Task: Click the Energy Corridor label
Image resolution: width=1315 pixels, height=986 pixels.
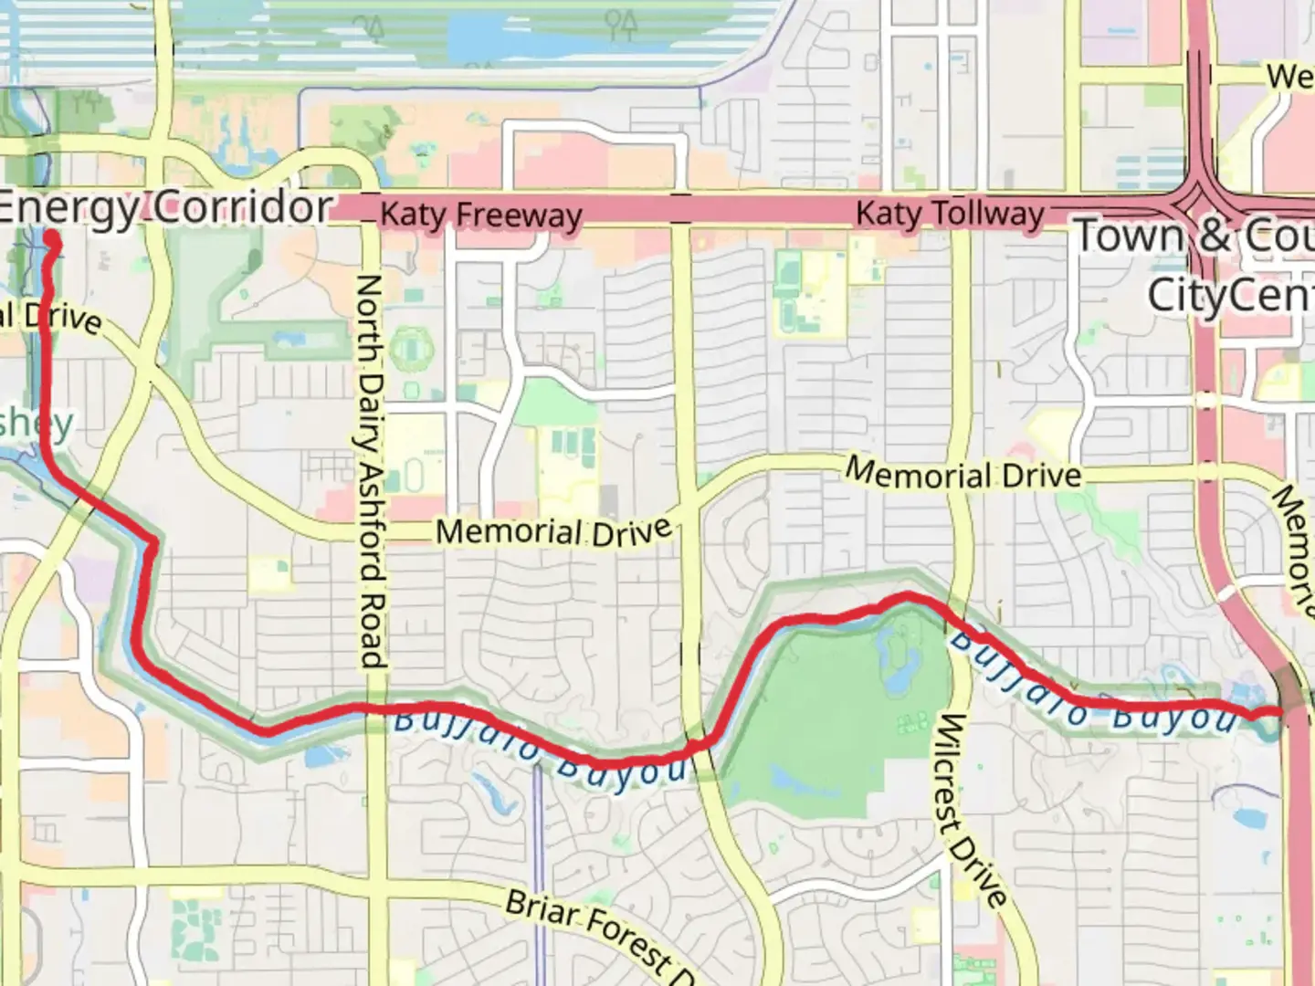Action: (164, 208)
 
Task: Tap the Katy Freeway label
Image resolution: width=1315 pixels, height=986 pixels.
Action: (480, 215)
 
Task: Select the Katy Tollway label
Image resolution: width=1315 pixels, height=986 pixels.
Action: (950, 215)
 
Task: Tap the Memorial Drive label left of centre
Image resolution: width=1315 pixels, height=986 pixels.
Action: (553, 531)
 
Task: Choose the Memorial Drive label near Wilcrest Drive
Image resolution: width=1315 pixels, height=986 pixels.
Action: (963, 473)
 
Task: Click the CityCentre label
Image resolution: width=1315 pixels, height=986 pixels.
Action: (1229, 295)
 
